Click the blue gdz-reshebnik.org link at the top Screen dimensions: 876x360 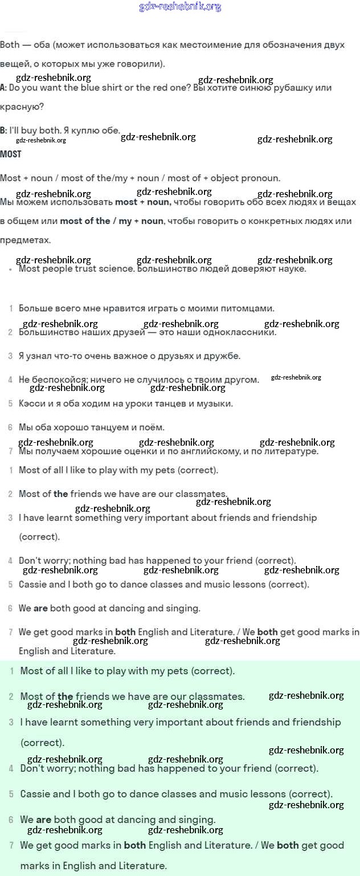tap(180, 7)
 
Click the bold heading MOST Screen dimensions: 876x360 tap(11, 154)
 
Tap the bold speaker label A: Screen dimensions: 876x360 tap(3, 88)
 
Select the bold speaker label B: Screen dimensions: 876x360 tap(3, 131)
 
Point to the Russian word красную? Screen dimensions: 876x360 tap(22, 107)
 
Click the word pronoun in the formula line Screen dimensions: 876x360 tap(260, 178)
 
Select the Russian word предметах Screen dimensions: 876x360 tap(25, 240)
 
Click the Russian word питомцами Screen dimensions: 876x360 tap(247, 308)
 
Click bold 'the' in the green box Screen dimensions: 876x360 tap(66, 696)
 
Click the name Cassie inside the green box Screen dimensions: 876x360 tap(37, 794)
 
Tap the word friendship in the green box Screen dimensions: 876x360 tap(317, 722)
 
